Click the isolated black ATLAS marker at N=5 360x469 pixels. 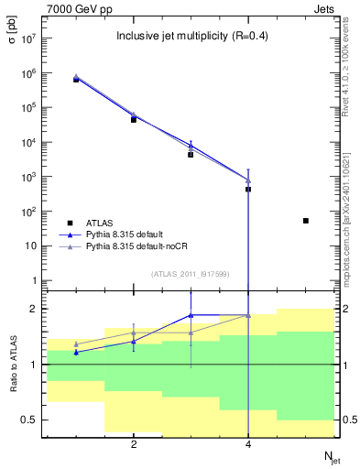click(x=306, y=221)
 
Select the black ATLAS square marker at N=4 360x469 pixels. click(x=248, y=190)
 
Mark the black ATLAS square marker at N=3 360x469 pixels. click(x=191, y=155)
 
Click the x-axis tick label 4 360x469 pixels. click(x=248, y=444)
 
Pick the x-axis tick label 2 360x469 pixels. click(x=134, y=444)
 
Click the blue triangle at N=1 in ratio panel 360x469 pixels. click(x=76, y=352)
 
